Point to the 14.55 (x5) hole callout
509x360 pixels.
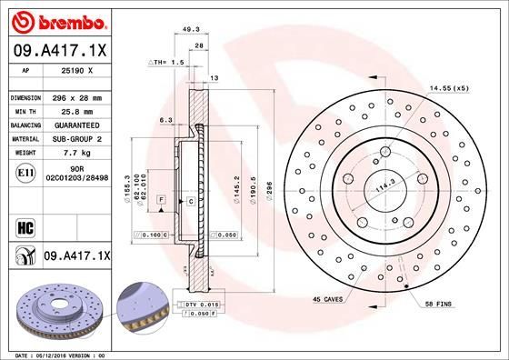point(448,89)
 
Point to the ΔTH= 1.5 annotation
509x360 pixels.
point(165,62)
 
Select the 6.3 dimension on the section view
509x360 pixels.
point(165,119)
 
